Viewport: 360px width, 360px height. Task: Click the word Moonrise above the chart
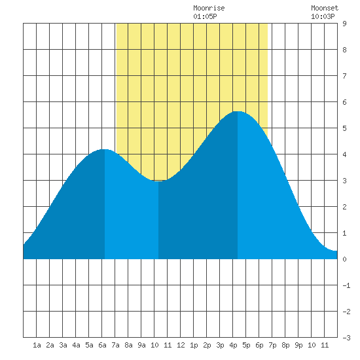coord(209,8)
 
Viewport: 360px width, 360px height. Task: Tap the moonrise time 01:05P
coord(205,16)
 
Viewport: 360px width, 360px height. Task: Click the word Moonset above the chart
coord(325,8)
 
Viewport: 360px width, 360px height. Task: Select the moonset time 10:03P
coord(323,16)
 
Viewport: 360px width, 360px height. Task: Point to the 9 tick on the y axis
coord(344,24)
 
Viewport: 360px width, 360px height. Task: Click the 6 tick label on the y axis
coord(344,102)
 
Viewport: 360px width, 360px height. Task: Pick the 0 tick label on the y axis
coord(344,259)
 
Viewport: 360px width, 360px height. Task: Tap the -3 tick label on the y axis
coord(346,338)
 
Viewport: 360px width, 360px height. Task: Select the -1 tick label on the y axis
coord(346,285)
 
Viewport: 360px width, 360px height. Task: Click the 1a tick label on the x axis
coord(37,345)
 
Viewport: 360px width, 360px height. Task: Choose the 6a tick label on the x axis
coord(102,345)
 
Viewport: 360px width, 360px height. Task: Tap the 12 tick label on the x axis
coord(181,345)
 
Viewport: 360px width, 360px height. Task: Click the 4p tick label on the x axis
coord(233,345)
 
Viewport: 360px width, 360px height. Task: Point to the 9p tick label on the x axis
coord(298,345)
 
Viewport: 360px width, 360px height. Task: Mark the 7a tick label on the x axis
coord(115,345)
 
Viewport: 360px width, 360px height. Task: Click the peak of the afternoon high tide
coord(238,111)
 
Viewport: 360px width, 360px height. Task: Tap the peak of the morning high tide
coord(105,149)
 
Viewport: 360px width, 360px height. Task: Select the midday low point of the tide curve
coord(158,181)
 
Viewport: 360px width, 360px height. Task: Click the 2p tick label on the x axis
coord(207,345)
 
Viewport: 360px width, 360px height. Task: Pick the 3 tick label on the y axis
coord(344,181)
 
